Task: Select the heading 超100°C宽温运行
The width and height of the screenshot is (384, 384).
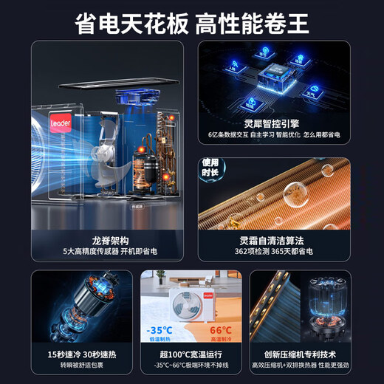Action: (x=191, y=354)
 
